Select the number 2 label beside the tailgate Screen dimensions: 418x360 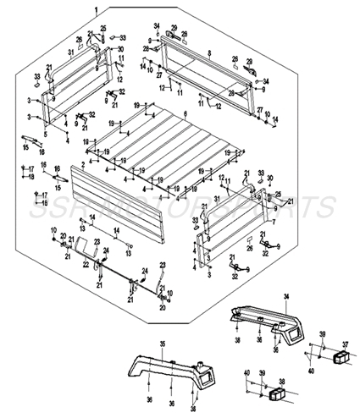pyautogui.click(x=81, y=163)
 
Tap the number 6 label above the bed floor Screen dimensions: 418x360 pyautogui.click(x=184, y=113)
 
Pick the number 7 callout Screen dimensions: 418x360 pyautogui.click(x=274, y=222)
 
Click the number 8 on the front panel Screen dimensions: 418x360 pyautogui.click(x=208, y=53)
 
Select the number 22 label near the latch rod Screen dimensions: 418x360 pyautogui.click(x=86, y=264)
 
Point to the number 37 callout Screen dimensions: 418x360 pyautogui.click(x=345, y=345)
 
